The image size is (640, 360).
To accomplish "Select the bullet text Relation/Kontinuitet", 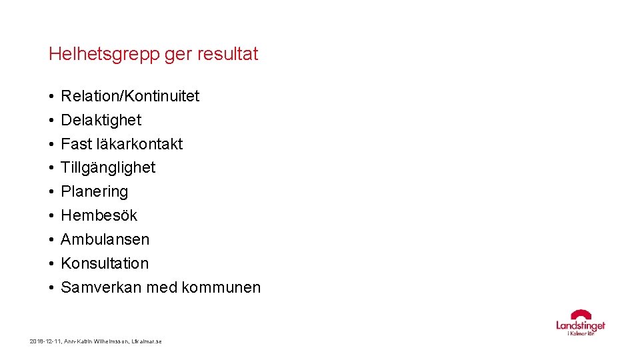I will [x=130, y=96].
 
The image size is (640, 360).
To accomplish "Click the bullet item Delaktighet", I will [x=101, y=120].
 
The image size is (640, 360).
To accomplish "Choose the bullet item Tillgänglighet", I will [x=108, y=168].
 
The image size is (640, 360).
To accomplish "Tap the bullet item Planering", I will [x=95, y=192].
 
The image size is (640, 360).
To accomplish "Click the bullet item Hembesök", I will [x=99, y=216].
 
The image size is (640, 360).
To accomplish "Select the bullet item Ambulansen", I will [x=105, y=239].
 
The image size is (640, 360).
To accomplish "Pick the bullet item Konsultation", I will [x=105, y=263].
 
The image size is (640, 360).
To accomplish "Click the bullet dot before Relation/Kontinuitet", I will [x=51, y=97].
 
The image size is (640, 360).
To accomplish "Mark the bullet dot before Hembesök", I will [x=51, y=216].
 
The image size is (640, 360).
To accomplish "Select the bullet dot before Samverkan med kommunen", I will [x=51, y=288].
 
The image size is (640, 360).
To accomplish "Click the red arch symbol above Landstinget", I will [x=581, y=314].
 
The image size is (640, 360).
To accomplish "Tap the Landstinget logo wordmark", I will [x=581, y=325].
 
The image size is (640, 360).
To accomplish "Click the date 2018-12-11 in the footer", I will [x=44, y=341].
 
